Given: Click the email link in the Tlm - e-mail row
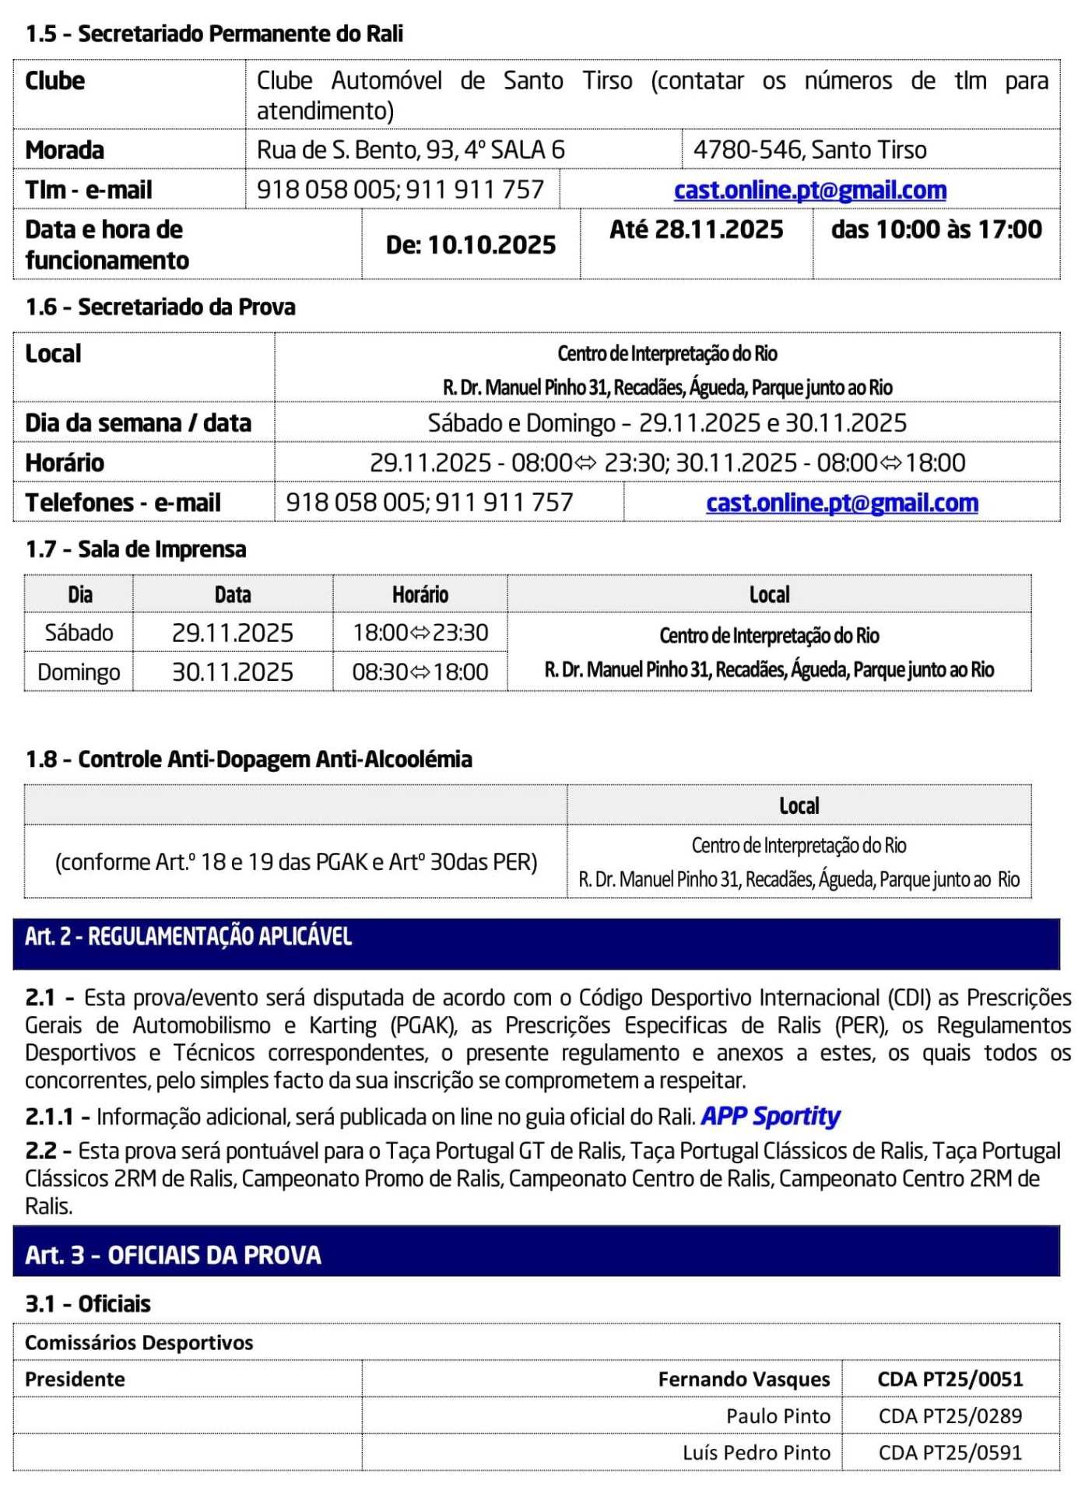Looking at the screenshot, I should (809, 190).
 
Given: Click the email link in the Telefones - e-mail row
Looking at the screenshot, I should (841, 503).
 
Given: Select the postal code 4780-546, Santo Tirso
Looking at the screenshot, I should (809, 149).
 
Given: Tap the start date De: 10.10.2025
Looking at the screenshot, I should (470, 245).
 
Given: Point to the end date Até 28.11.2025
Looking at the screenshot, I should (696, 230).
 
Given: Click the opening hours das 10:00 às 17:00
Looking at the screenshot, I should (936, 230).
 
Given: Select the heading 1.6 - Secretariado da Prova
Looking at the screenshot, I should (160, 307).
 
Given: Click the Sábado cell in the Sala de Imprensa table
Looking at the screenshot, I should (79, 633).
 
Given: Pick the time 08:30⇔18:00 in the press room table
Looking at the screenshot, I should (420, 672).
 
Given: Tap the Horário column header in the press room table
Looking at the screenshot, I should (420, 594).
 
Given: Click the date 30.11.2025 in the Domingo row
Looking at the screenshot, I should (232, 672).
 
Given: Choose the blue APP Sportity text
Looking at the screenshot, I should (770, 1117).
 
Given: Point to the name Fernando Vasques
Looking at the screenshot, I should (743, 1380).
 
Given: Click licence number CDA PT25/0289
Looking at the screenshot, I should (950, 1416).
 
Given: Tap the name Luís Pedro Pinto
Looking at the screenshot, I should (756, 1453).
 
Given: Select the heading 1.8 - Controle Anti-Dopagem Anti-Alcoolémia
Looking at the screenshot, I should (248, 759).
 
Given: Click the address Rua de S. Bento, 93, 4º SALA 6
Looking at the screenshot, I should (410, 149).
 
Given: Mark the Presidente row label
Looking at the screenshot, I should (75, 1380).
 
